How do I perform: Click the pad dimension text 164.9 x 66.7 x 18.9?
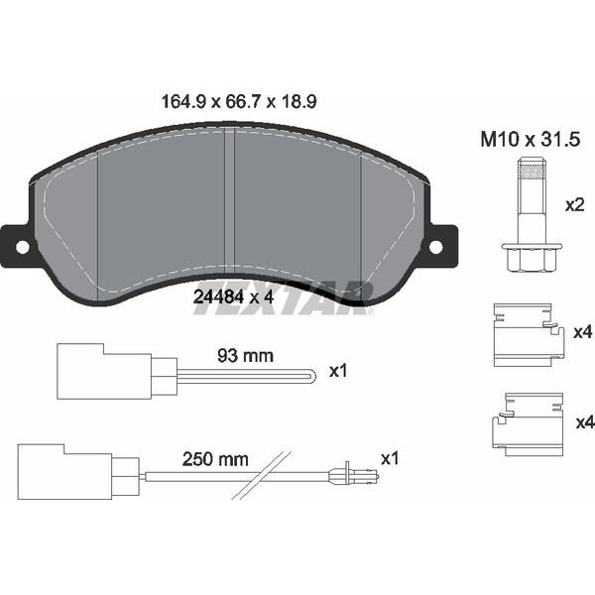click(239, 102)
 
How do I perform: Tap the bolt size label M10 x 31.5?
click(531, 139)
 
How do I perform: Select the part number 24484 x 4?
click(233, 297)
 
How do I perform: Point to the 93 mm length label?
click(245, 356)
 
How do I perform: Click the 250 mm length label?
click(215, 459)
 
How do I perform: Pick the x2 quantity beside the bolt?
click(574, 205)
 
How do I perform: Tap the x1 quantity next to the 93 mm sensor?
click(338, 371)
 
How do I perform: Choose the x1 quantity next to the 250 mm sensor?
click(390, 458)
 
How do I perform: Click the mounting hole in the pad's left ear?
click(22, 247)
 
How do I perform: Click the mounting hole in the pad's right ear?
click(435, 247)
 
